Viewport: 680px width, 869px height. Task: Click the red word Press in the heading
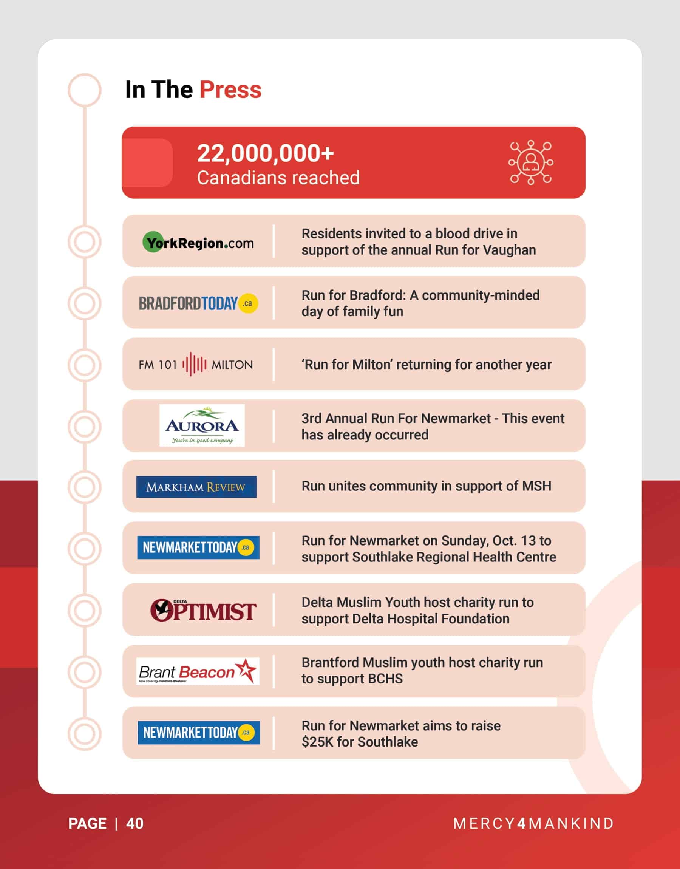(230, 90)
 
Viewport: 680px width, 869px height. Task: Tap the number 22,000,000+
(265, 153)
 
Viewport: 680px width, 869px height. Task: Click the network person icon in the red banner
(530, 162)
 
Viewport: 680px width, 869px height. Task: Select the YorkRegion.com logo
(198, 242)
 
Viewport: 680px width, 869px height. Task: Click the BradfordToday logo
(198, 304)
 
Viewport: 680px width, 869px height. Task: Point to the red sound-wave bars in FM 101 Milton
(194, 364)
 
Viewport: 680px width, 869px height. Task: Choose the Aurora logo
(202, 425)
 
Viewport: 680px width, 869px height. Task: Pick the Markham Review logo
(196, 486)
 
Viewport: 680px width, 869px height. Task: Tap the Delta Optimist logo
(202, 610)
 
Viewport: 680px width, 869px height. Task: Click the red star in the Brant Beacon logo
(246, 670)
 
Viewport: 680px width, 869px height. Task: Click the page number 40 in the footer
(134, 824)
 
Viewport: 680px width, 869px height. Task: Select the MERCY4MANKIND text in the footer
(533, 824)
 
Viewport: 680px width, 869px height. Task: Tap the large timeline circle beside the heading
(84, 90)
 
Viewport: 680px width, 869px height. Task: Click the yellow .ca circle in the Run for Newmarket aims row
(246, 733)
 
